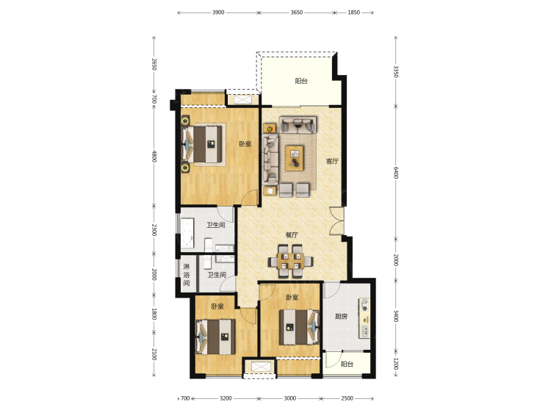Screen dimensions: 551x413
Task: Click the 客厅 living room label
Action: pyautogui.click(x=332, y=162)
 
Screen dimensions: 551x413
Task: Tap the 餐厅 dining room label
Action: pyautogui.click(x=292, y=235)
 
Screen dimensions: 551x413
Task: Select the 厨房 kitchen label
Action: pyautogui.click(x=341, y=316)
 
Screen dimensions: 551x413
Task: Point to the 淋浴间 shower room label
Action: pyautogui.click(x=187, y=275)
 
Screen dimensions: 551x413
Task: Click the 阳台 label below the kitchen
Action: pyautogui.click(x=347, y=364)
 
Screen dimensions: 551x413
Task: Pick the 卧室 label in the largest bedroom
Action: pyautogui.click(x=245, y=144)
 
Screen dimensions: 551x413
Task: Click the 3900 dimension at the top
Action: pyautogui.click(x=218, y=12)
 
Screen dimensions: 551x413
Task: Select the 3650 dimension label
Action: pyautogui.click(x=297, y=12)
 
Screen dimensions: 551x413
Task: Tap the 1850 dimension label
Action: pyautogui.click(x=354, y=12)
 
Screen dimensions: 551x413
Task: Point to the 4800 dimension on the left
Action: pyautogui.click(x=154, y=156)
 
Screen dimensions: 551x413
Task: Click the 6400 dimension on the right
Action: pyautogui.click(x=396, y=173)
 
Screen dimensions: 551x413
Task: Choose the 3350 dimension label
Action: pyautogui.click(x=396, y=72)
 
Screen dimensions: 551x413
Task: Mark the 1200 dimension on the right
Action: pyautogui.click(x=396, y=364)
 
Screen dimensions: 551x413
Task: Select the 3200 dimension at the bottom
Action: pyautogui.click(x=226, y=398)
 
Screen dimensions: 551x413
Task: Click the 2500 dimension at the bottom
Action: pyautogui.click(x=347, y=398)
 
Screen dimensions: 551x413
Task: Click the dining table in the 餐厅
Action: pyautogui.click(x=291, y=261)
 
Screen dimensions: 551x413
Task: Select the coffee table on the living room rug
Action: pyautogui.click(x=294, y=158)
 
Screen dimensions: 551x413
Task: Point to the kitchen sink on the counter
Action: pyautogui.click(x=365, y=331)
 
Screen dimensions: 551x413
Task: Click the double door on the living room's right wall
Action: pyautogui.click(x=337, y=221)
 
